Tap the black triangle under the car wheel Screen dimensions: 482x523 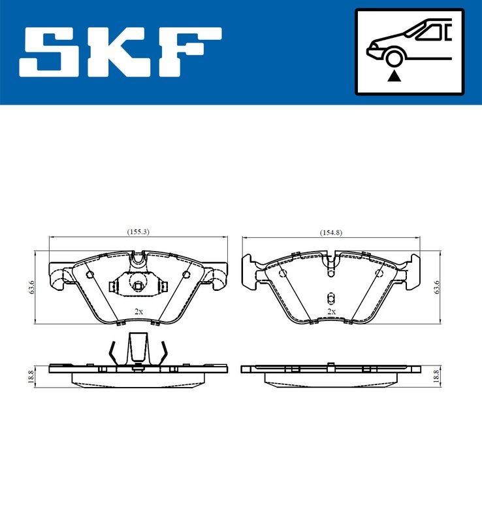(394, 76)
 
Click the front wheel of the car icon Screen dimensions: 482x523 (393, 58)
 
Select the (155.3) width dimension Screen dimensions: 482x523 (138, 232)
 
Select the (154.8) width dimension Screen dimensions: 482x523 (331, 233)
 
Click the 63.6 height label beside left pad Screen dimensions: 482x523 (31, 287)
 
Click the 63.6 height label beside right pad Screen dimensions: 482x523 (436, 287)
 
